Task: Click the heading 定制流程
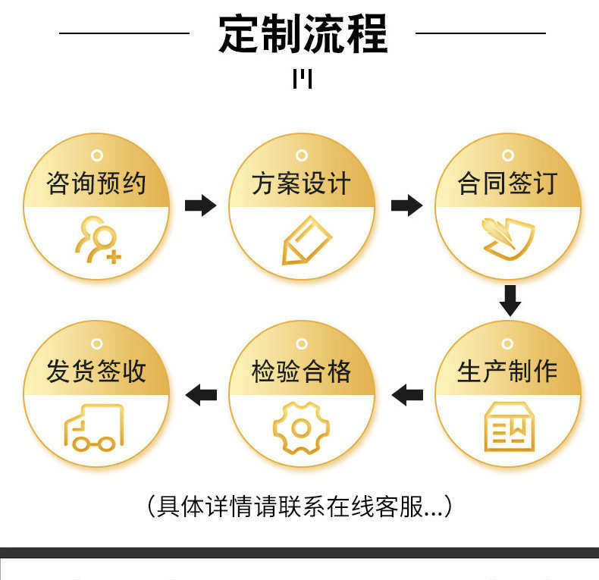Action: pyautogui.click(x=303, y=33)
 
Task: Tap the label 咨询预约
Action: pyautogui.click(x=96, y=183)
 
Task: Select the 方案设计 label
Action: pyautogui.click(x=302, y=183)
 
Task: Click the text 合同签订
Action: pyautogui.click(x=508, y=183)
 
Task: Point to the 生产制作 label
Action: pyautogui.click(x=508, y=371)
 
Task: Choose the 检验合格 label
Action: pyautogui.click(x=302, y=371)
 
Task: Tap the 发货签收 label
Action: pyautogui.click(x=96, y=371)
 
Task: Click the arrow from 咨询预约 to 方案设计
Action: pyautogui.click(x=201, y=205)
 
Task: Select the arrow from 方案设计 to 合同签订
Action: pyautogui.click(x=407, y=205)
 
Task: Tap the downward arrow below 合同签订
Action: pyautogui.click(x=510, y=300)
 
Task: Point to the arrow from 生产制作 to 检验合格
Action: pyautogui.click(x=407, y=395)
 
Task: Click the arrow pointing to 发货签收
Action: pyautogui.click(x=201, y=395)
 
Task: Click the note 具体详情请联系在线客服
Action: pyautogui.click(x=300, y=506)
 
